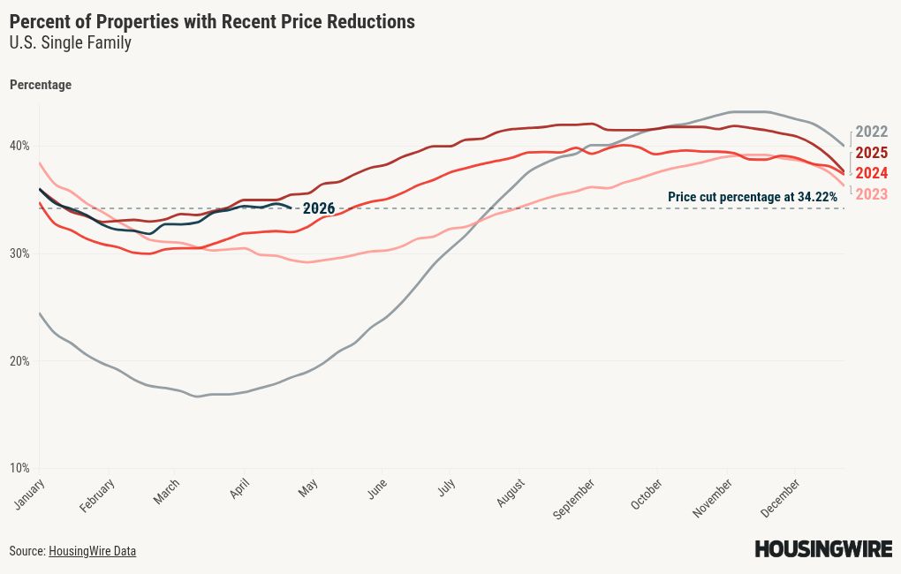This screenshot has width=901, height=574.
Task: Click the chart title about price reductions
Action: point(212,22)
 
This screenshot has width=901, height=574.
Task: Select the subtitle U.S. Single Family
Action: point(71,42)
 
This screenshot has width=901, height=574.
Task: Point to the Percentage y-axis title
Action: point(41,85)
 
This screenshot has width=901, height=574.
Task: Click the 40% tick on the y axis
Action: point(19,146)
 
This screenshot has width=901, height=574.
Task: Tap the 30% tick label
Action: point(19,253)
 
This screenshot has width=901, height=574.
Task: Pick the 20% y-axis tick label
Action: point(19,361)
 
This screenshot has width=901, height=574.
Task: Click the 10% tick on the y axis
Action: point(19,468)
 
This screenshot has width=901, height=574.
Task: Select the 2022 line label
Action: point(871,132)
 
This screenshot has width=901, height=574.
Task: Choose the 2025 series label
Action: point(871,153)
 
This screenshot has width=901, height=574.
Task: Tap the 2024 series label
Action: point(871,173)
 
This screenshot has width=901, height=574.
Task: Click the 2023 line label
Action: point(871,194)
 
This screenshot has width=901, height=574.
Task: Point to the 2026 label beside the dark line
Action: point(318,209)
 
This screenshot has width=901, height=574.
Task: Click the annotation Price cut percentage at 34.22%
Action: point(752,197)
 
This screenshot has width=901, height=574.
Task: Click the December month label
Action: point(782,496)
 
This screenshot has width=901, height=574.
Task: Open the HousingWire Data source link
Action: point(92,551)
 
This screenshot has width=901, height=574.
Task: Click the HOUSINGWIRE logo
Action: point(823,549)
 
